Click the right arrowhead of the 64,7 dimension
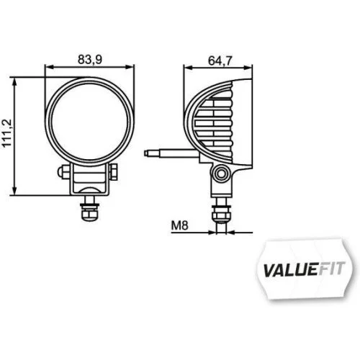point(251,67)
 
